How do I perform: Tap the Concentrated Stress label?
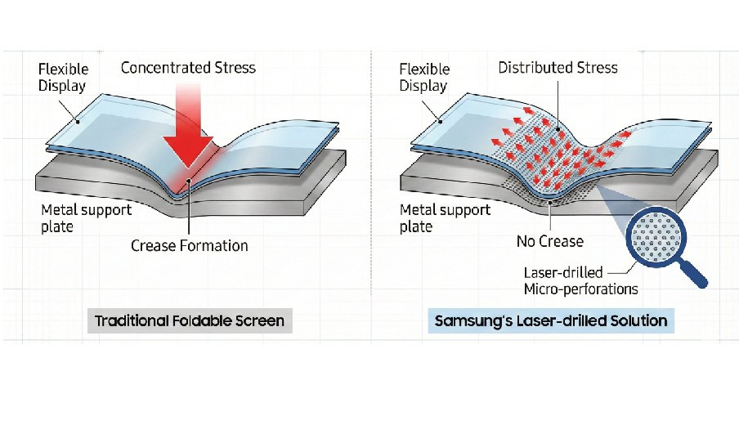188,67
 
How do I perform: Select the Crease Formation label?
189,245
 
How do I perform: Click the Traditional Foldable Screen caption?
190,320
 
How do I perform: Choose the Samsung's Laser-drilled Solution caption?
550,320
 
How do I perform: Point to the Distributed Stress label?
558,67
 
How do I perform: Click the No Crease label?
550,241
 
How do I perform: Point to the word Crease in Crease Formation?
154,245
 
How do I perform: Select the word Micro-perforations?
580,289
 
